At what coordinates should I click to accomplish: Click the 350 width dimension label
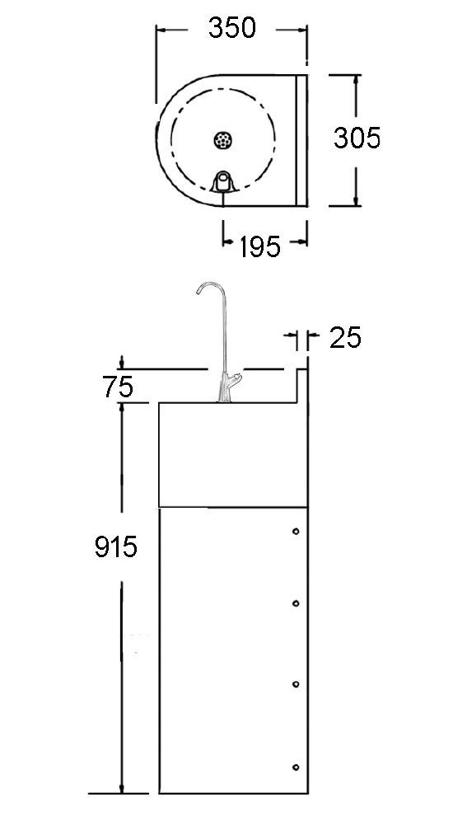[x=232, y=28]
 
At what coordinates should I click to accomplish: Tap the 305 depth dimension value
[x=357, y=138]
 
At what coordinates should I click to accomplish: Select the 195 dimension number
[x=259, y=246]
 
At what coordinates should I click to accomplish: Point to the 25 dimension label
[x=345, y=338]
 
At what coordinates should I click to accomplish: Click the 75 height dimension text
[x=118, y=387]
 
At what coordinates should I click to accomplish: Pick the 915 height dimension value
[x=116, y=547]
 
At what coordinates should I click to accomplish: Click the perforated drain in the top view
[x=223, y=139]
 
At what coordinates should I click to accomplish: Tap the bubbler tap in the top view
[x=224, y=181]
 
